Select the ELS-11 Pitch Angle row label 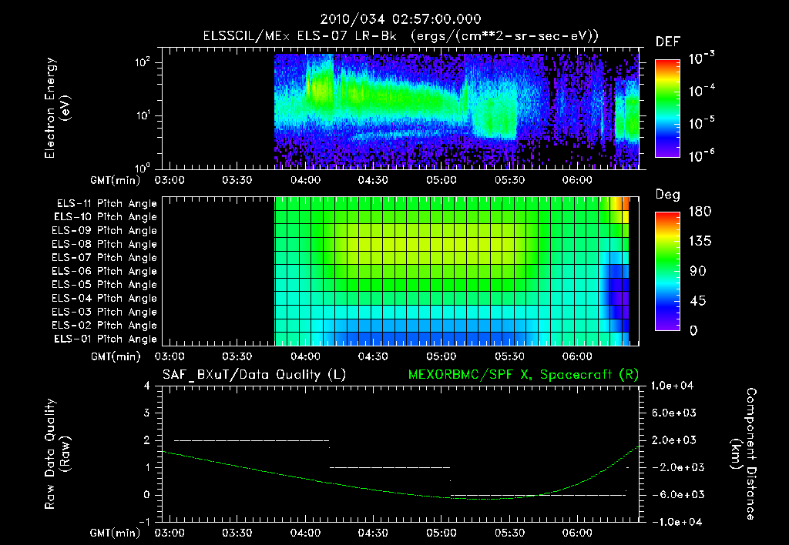106,203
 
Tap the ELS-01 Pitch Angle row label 106,339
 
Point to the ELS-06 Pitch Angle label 106,271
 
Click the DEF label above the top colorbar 667,42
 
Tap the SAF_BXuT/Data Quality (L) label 253,375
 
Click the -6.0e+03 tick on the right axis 676,494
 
